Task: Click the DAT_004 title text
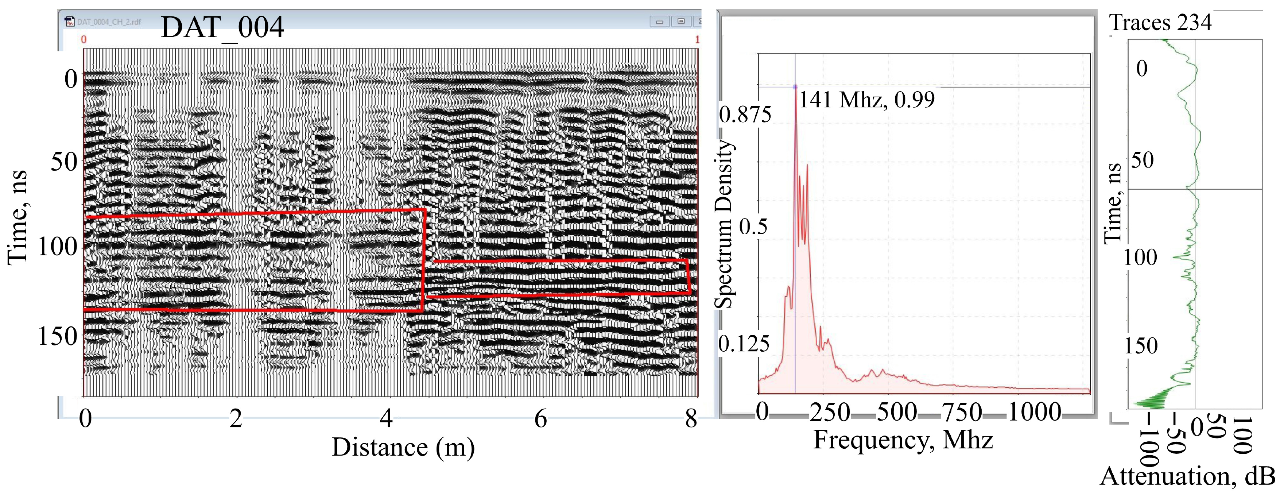click(222, 27)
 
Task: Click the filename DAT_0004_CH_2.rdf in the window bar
click(109, 22)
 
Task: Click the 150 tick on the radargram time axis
click(58, 336)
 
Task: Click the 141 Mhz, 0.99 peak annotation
click(866, 100)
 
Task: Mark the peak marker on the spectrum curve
click(795, 86)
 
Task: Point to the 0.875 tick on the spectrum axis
click(745, 115)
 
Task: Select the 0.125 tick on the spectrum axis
click(744, 344)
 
